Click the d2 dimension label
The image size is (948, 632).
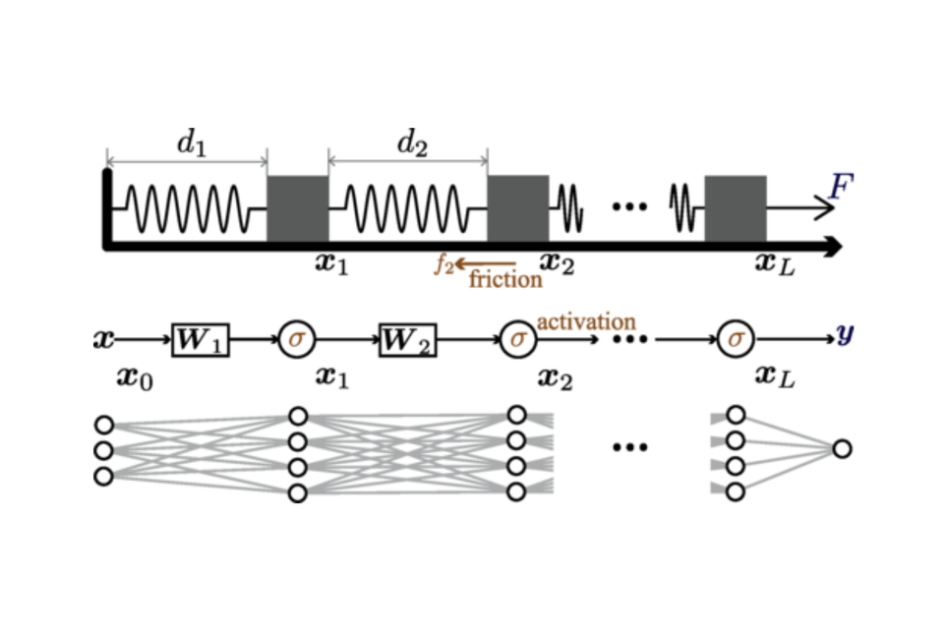click(413, 145)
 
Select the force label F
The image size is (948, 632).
click(839, 186)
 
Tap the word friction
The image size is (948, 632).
click(505, 280)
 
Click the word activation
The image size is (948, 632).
click(585, 321)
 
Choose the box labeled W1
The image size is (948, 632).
click(201, 339)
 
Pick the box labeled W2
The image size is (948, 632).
click(408, 339)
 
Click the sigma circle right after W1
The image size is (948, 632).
click(295, 339)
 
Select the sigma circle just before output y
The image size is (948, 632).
click(734, 339)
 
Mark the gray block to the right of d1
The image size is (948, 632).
click(297, 208)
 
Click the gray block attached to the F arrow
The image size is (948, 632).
click(736, 208)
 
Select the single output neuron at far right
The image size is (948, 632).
click(841, 449)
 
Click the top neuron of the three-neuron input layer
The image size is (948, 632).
click(104, 425)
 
